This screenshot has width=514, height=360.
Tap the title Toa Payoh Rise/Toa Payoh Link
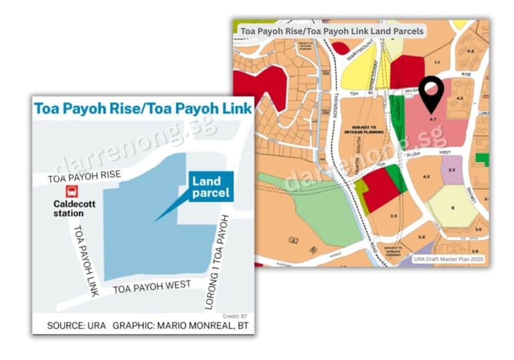coord(143,108)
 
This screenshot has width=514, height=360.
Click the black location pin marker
coord(432,94)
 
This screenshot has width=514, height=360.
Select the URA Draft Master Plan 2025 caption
coord(448,259)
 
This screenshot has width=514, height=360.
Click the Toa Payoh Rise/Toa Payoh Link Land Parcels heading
coord(332,31)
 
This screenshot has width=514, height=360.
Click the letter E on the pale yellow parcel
coord(452,207)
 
